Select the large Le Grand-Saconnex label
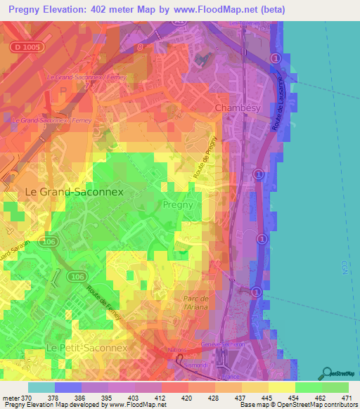coord(74,191)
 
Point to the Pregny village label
coord(178,205)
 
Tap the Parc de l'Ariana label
coord(191,304)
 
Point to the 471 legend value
coord(346,398)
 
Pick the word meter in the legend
coord(11,398)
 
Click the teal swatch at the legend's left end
coord(41,387)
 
